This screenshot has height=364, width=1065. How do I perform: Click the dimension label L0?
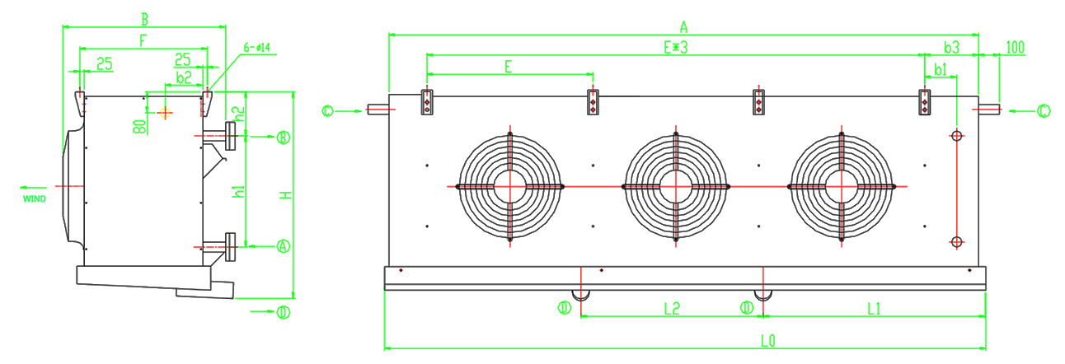point(767,339)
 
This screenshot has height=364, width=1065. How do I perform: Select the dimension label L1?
point(874,309)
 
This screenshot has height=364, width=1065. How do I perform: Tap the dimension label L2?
point(672,309)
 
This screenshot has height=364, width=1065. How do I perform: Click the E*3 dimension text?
point(674,48)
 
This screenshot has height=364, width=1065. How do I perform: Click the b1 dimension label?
point(940,68)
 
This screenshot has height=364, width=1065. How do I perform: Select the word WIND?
point(35,198)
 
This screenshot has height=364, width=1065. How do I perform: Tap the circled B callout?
point(283,137)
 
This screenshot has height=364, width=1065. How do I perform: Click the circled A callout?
point(283,245)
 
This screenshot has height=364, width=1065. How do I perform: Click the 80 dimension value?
point(141,127)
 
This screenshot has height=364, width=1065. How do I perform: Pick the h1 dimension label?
point(239,193)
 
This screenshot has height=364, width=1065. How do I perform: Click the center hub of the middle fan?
point(676,187)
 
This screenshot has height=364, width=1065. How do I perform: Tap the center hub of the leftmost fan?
point(511,187)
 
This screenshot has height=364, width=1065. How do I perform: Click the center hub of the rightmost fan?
point(841,187)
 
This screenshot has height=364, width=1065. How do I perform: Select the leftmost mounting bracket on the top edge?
point(428,102)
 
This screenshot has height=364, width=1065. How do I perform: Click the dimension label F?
point(143,40)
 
